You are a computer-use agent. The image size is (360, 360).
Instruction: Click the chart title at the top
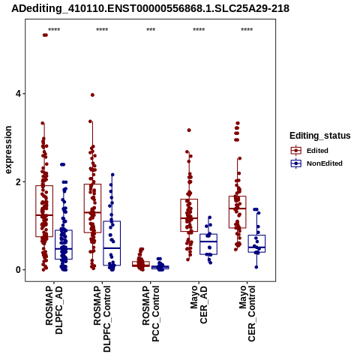coord(150,8)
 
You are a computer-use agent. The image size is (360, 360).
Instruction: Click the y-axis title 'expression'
coord(8,150)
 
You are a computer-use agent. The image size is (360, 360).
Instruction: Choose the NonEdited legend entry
coord(316,163)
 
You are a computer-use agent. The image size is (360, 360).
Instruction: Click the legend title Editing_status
coord(320,136)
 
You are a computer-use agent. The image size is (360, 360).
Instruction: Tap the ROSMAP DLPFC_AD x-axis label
coord(54,310)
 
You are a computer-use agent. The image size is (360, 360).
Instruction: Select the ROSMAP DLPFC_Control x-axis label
coord(102,319)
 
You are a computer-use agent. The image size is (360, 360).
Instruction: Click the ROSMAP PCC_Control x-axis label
coord(151,313)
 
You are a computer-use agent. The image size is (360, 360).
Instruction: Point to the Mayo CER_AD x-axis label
coord(199,305)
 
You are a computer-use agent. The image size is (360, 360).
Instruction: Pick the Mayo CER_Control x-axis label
coord(247,313)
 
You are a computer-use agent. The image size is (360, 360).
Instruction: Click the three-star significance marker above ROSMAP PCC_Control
coord(151,30)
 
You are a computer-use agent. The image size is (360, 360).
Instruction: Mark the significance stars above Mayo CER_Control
coord(247,30)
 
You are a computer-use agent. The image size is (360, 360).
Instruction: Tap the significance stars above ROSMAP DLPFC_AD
coord(54,30)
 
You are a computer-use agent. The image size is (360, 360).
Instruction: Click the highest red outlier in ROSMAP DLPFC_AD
coord(45,35)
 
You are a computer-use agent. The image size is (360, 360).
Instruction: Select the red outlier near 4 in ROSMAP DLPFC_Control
coord(92,94)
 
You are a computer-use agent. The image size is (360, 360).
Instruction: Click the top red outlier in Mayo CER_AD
coord(189,130)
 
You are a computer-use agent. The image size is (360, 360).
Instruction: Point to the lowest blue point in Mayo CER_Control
coord(256,267)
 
